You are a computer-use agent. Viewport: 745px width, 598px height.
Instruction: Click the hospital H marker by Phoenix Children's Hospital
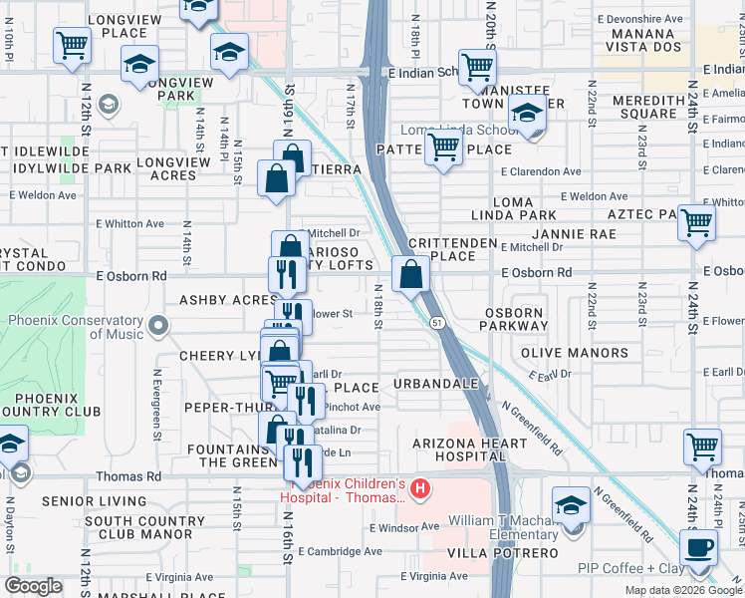pos(420,488)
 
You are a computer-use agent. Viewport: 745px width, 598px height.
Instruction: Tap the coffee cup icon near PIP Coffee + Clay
pos(698,548)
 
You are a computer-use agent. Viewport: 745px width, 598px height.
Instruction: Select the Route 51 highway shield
pos(437,321)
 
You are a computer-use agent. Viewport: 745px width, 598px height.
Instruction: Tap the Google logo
pos(33,586)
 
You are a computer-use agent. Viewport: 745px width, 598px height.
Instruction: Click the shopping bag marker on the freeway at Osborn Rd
pos(410,274)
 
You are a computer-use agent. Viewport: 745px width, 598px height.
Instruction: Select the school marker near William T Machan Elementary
pos(572,504)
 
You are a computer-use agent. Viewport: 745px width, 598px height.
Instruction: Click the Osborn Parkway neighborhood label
pos(514,320)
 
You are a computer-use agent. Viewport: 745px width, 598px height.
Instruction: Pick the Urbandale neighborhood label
pos(436,384)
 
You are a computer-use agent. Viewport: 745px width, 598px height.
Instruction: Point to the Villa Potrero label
pos(515,552)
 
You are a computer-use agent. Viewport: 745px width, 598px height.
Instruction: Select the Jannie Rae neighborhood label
pos(581,234)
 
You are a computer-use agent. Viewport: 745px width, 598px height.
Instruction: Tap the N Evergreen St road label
pos(157,405)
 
